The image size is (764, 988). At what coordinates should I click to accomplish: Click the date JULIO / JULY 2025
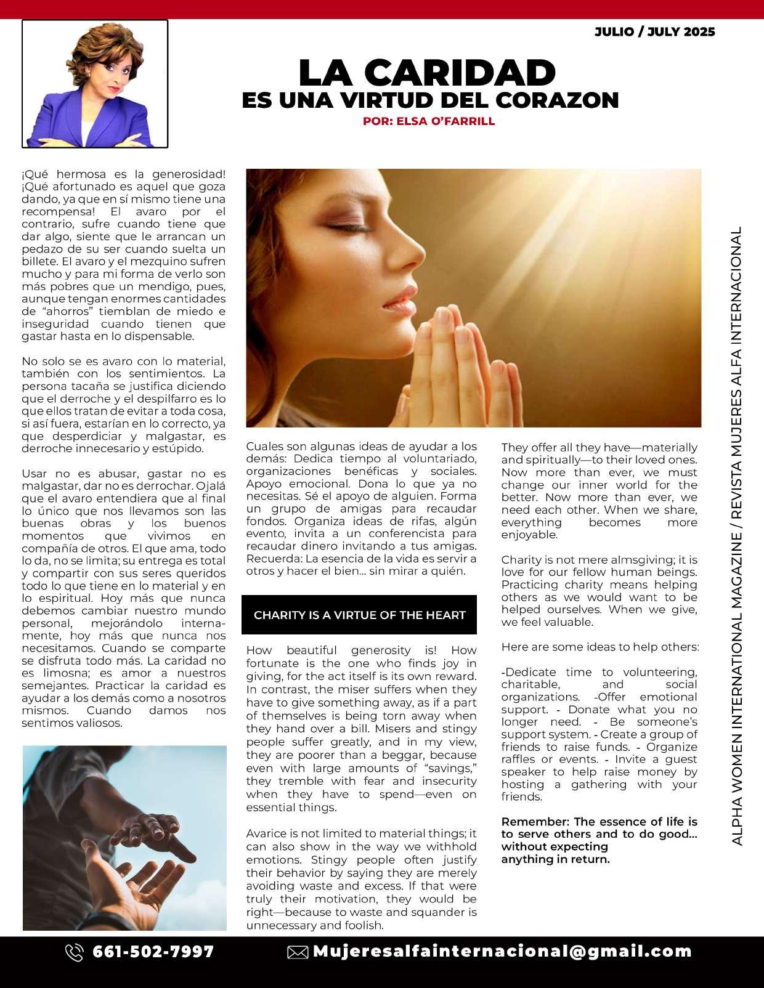(654, 32)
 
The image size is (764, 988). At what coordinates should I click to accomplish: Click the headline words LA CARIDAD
(427, 73)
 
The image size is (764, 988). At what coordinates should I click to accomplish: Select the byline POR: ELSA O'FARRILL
(429, 121)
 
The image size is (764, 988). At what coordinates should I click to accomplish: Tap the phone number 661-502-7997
(153, 952)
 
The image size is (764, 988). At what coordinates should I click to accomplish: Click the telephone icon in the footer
(74, 952)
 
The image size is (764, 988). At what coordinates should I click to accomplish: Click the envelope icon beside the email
(298, 952)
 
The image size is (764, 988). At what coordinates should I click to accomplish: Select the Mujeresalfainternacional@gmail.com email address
(502, 952)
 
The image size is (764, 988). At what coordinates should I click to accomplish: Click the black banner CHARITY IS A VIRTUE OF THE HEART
(359, 615)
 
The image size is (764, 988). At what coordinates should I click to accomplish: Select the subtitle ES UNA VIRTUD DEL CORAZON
(430, 100)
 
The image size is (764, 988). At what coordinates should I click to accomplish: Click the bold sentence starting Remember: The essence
(599, 840)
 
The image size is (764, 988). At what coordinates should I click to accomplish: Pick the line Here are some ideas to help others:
(599, 647)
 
